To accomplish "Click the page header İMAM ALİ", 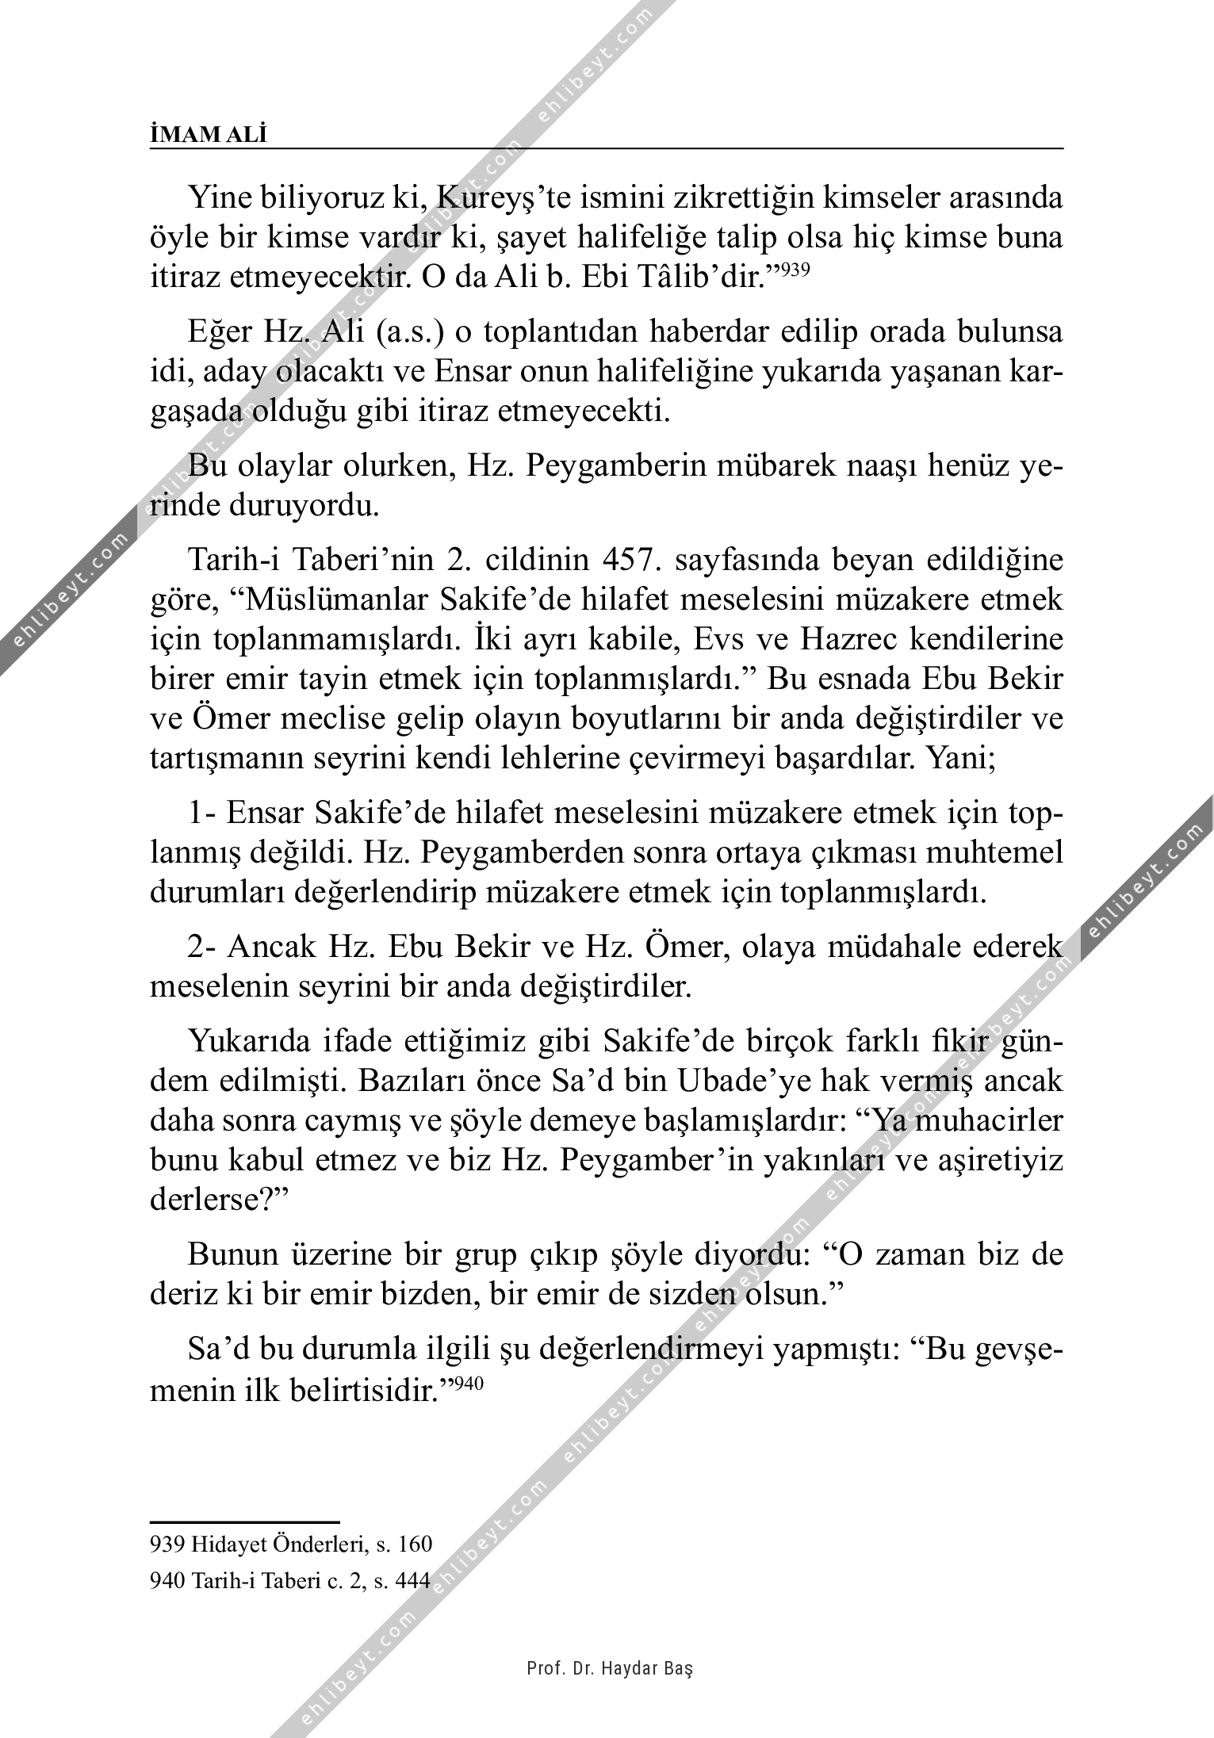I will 209,135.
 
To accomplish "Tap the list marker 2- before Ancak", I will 203,947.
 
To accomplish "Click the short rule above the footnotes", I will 244,1522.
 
